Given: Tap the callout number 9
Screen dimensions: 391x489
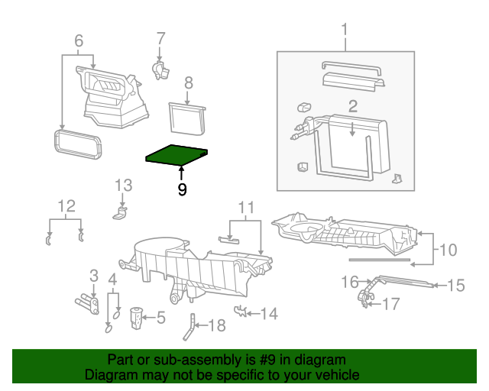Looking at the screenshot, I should pyautogui.click(x=182, y=190).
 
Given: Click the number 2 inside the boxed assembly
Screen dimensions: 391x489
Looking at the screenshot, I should pyautogui.click(x=353, y=106).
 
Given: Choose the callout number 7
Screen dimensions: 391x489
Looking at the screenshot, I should pyautogui.click(x=160, y=38).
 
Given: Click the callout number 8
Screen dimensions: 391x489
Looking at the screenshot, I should pyautogui.click(x=188, y=82).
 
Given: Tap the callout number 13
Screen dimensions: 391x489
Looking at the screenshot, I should pyautogui.click(x=124, y=185).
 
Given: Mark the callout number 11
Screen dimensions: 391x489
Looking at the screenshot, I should pyautogui.click(x=244, y=207).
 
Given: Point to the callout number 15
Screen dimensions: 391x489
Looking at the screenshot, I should pyautogui.click(x=455, y=286).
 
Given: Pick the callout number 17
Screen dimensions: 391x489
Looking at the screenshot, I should pyautogui.click(x=390, y=305).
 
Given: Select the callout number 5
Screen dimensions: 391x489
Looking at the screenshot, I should pyautogui.click(x=161, y=316).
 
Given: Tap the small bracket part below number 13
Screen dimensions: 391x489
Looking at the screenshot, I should pyautogui.click(x=121, y=214).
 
